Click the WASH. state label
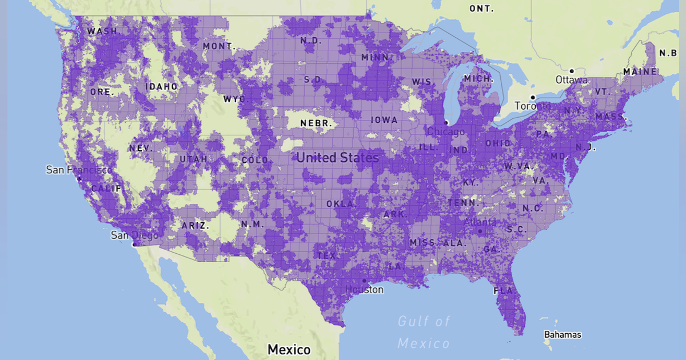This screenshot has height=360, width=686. (102, 31)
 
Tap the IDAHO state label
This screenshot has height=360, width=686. (161, 87)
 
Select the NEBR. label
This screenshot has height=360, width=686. (316, 123)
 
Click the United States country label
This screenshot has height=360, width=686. (337, 158)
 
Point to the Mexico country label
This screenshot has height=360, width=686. (289, 349)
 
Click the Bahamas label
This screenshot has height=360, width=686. (563, 334)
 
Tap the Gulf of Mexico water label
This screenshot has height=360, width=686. (424, 332)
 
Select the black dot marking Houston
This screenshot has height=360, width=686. (364, 281)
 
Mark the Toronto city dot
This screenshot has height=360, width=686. (532, 97)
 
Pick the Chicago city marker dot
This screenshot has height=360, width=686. (446, 123)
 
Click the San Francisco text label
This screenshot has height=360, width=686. (79, 170)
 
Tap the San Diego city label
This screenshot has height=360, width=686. (134, 235)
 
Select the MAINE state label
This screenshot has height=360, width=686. (640, 72)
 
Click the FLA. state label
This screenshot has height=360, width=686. (504, 291)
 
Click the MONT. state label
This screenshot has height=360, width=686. (219, 46)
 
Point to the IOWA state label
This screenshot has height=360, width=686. (384, 120)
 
